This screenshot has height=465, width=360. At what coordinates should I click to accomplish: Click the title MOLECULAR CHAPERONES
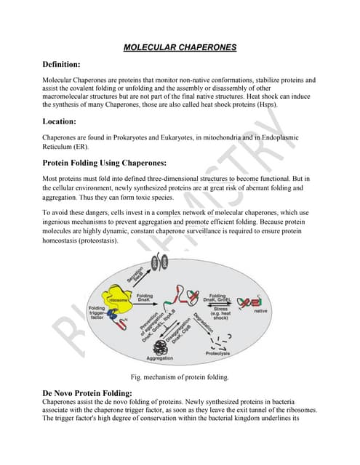pos(179,47)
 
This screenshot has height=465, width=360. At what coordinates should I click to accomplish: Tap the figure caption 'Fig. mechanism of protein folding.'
pos(179,377)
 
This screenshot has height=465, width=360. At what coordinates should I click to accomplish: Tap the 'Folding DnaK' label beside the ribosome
pos(145,298)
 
